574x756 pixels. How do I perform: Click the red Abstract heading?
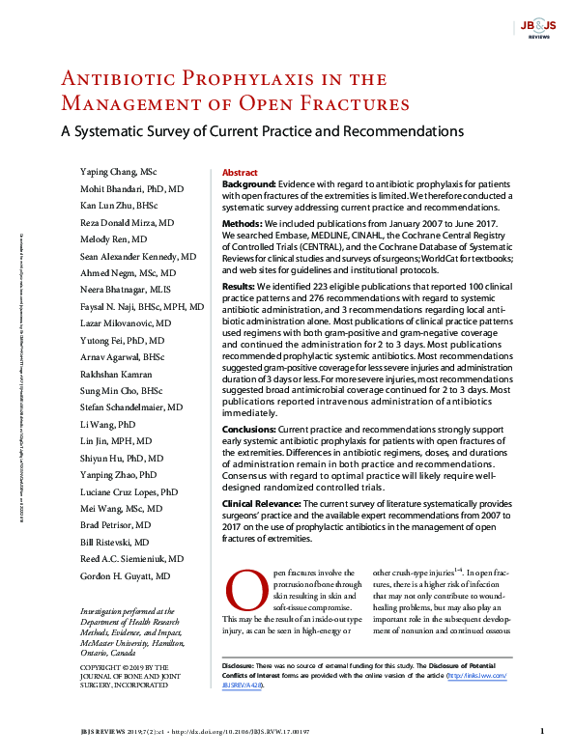click(x=240, y=171)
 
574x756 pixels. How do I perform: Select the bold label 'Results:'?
click(x=240, y=287)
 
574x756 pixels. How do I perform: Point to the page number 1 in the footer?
click(x=542, y=732)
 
